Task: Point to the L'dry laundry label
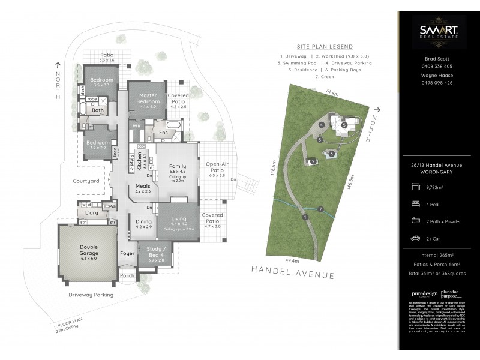pos(92,214)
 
